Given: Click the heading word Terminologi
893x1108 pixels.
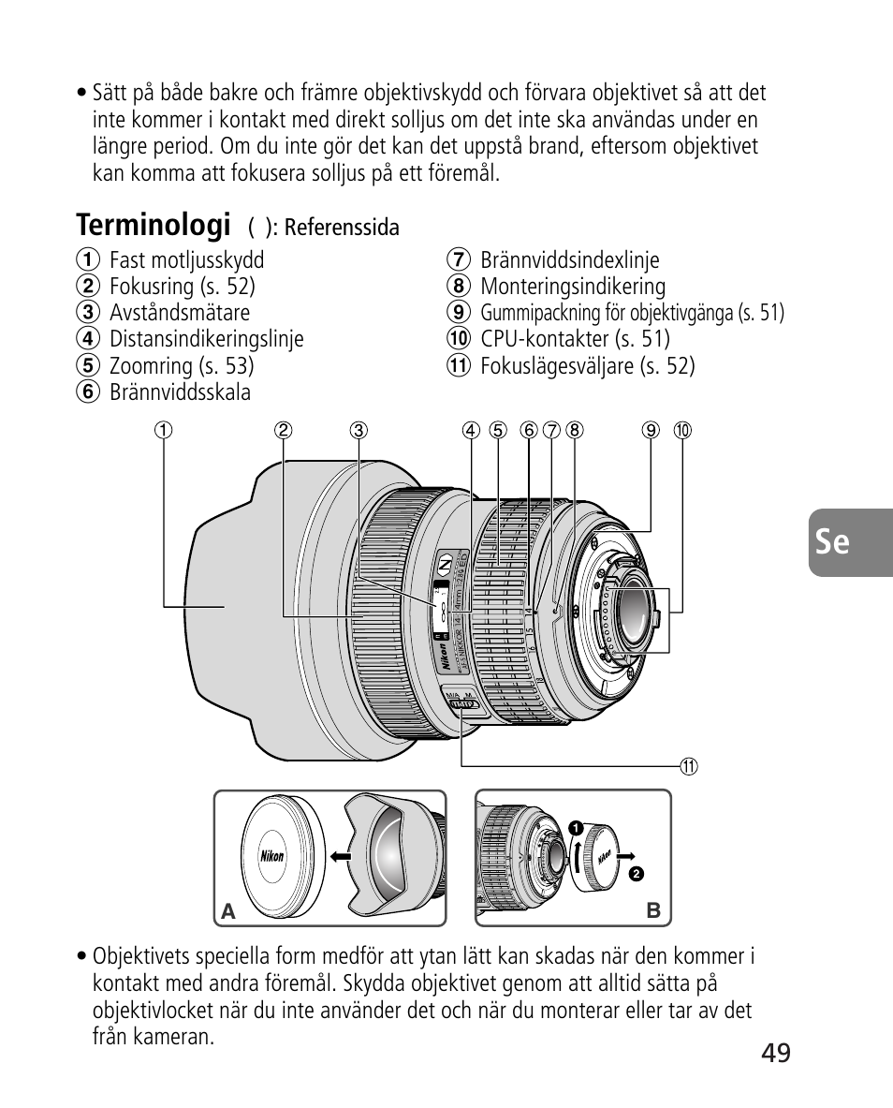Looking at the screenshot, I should pyautogui.click(x=154, y=225).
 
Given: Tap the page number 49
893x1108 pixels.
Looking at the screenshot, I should pyautogui.click(x=775, y=1053).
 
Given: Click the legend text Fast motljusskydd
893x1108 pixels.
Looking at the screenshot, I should pyautogui.click(x=186, y=260).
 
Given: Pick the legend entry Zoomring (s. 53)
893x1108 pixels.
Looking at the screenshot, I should pyautogui.click(x=182, y=365).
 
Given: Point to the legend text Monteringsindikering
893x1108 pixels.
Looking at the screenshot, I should pyautogui.click(x=572, y=287).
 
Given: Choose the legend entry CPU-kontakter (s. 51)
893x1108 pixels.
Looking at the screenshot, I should pyautogui.click(x=575, y=339).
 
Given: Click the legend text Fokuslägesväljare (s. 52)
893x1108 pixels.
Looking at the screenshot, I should pyautogui.click(x=587, y=365).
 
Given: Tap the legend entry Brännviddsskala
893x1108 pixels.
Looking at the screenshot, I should pyautogui.click(x=180, y=391).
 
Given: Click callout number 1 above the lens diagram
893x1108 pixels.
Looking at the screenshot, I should pyautogui.click(x=164, y=431).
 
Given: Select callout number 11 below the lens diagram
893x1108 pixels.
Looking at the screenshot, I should pyautogui.click(x=690, y=766).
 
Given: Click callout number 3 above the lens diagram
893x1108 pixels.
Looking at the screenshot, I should pyautogui.click(x=359, y=431).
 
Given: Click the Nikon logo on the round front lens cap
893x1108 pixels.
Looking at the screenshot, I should pyautogui.click(x=271, y=855).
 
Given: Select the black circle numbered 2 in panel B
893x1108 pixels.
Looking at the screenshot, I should pyautogui.click(x=637, y=873).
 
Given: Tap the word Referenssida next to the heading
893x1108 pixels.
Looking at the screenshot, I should pyautogui.click(x=342, y=228).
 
